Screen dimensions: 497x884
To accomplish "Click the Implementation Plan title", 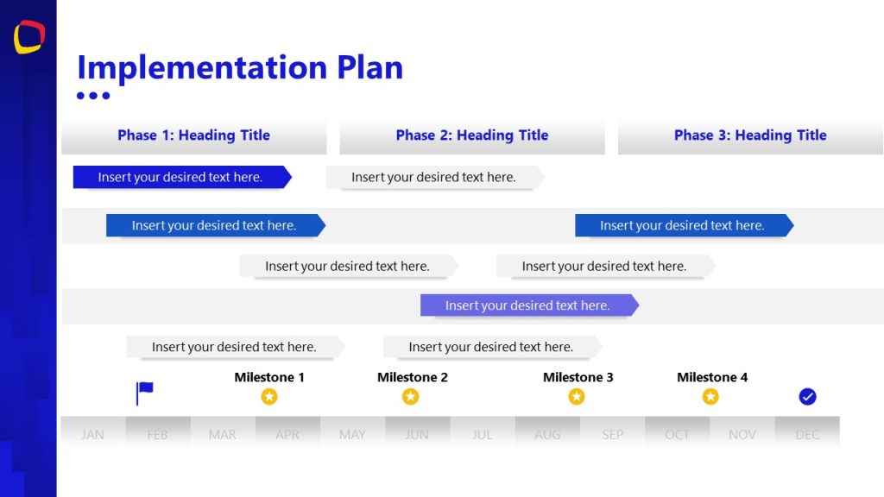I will coord(240,67).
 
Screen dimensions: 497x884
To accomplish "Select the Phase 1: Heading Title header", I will coord(193,135).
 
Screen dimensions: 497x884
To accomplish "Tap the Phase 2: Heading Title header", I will coord(472,135).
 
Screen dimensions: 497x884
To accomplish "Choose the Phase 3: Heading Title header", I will coord(750,135).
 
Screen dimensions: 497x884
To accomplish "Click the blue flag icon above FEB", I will coord(144,393).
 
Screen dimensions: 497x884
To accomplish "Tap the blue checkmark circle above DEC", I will coord(807,397).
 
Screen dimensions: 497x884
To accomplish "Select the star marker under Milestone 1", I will coord(269,397).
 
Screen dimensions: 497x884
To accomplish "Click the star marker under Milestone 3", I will coord(577,397).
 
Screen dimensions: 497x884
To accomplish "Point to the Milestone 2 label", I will coord(413,377).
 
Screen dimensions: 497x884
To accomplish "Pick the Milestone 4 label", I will coord(712,377).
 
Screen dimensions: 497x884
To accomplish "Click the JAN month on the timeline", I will coord(92,435).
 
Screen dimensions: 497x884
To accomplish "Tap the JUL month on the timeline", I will coord(483,435).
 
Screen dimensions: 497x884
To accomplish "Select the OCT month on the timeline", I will coord(678,435).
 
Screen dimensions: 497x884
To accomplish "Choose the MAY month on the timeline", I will coord(352,435).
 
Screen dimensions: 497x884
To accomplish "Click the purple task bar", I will coord(528,305).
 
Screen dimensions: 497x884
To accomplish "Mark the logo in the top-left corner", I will coord(28,36).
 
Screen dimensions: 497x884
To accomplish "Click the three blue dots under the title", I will coord(93,96).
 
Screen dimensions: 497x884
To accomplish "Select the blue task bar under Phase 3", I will coord(683,226).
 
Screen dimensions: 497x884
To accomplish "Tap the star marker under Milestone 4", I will coord(710,397).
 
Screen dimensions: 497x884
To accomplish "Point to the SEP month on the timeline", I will coord(613,435).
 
